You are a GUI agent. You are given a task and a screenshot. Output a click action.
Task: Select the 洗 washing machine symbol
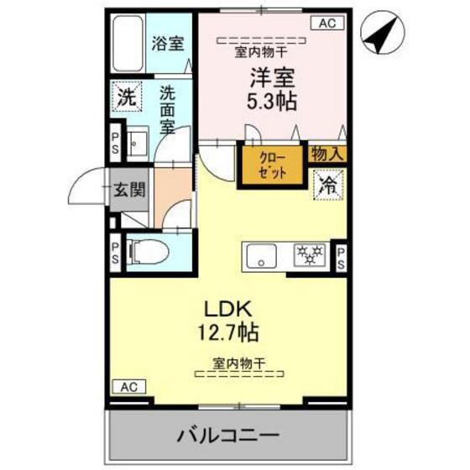click(125, 97)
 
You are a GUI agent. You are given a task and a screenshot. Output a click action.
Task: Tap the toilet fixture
click(146, 251)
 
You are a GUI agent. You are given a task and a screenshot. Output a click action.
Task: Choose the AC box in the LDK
click(126, 387)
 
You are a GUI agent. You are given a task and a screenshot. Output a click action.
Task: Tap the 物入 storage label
click(328, 154)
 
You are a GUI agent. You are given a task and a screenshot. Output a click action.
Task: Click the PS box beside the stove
click(342, 255)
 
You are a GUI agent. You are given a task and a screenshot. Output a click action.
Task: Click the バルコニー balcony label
click(227, 436)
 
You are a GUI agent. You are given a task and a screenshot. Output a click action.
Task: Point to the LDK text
click(222, 307)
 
